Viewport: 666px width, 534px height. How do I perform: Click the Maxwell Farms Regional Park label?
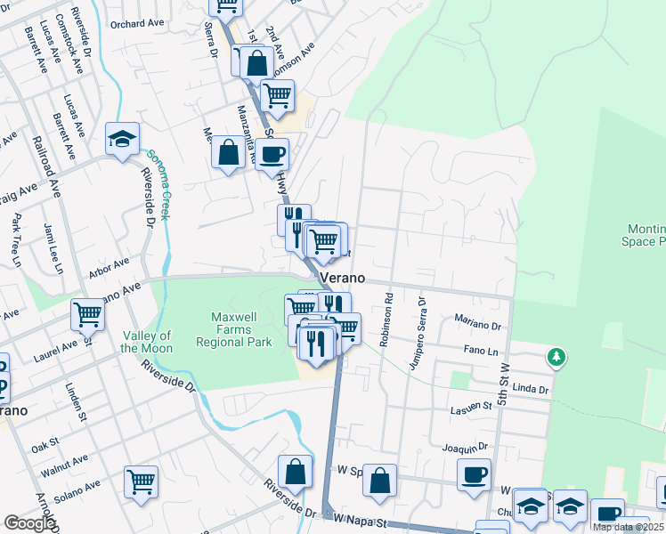[240, 329]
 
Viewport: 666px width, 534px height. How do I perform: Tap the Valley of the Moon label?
[147, 342]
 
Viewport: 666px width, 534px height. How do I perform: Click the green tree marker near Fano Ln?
[557, 357]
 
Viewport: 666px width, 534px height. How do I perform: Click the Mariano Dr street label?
[478, 319]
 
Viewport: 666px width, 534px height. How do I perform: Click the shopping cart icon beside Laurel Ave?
[88, 313]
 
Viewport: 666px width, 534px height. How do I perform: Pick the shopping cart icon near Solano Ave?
[141, 481]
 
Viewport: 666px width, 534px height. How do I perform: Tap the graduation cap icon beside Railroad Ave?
[122, 139]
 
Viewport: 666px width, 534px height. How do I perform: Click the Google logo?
[28, 523]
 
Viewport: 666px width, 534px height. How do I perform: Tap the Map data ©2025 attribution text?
[629, 527]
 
